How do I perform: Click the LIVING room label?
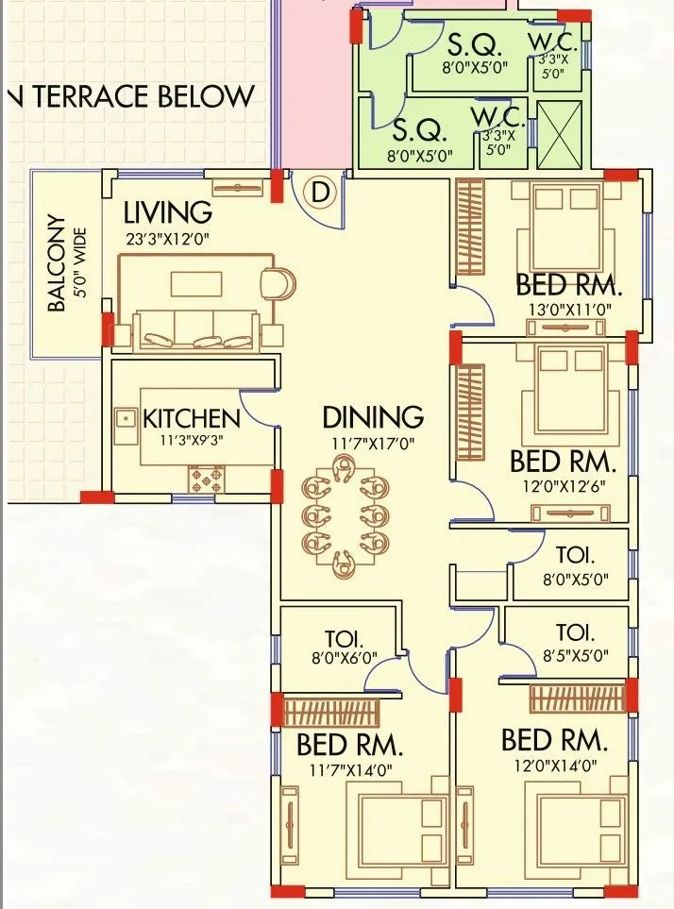(168, 210)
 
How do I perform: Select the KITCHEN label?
(191, 418)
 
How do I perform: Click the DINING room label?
(373, 417)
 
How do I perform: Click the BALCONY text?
(58, 264)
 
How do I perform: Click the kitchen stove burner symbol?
(207, 479)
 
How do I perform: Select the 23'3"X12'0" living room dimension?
(166, 239)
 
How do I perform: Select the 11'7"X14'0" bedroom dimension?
(349, 769)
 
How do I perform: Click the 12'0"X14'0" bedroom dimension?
(555, 766)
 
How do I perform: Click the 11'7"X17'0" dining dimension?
(373, 443)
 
